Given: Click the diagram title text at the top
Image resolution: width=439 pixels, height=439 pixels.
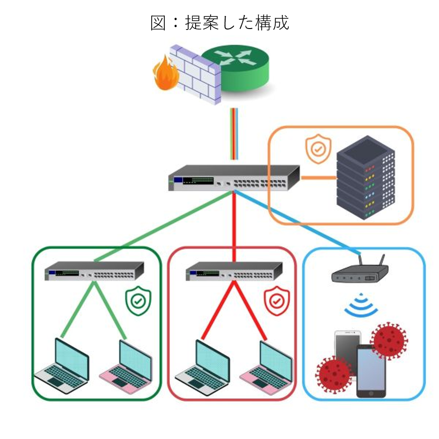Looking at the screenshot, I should pos(219,22).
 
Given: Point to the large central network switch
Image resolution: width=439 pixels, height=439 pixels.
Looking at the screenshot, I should pos(234,177).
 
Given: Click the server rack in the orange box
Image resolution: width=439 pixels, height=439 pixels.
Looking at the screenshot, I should pos(366,178).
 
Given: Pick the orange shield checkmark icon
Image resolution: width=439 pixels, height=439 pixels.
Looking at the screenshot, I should pos(318,149).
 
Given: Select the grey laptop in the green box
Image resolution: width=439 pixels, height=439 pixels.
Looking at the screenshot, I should pos(63,365).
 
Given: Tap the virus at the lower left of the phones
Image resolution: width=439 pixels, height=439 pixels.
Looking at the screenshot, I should pos(334,373).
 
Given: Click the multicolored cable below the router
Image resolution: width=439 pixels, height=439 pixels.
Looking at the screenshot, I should pos(234,133).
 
